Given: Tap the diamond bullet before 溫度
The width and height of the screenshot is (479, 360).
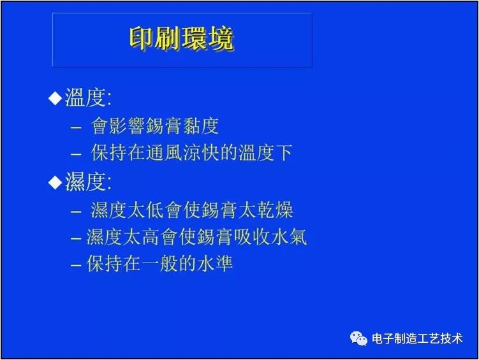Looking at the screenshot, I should coord(55,98).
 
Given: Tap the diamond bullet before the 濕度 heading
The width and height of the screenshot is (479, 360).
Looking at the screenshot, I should coord(55,183).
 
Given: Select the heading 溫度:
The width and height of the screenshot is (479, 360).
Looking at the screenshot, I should coord(88,98).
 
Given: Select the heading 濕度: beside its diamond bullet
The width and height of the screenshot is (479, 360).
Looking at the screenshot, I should coord(88,183).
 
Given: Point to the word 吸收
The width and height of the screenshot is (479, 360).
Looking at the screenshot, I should coord(256,237).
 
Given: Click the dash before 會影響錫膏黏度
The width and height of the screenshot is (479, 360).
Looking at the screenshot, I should coord(77,127).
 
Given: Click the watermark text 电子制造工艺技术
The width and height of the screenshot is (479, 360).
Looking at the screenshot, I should coord(417,339).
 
